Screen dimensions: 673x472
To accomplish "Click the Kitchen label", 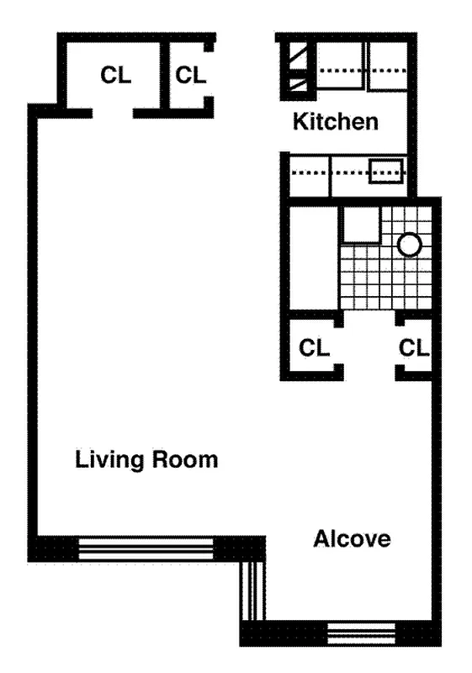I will pyautogui.click(x=335, y=122).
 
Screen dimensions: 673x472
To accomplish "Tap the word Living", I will pyautogui.click(x=109, y=460).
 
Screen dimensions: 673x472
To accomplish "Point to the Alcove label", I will pyautogui.click(x=352, y=539).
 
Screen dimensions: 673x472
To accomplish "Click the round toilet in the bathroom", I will pyautogui.click(x=409, y=245).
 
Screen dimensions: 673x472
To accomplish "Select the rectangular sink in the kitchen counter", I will pyautogui.click(x=388, y=172).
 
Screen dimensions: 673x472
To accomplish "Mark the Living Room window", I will pyautogui.click(x=146, y=548).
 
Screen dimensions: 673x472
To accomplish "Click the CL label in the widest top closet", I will pyautogui.click(x=115, y=76).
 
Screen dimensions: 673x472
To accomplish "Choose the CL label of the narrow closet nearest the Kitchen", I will pyautogui.click(x=191, y=75).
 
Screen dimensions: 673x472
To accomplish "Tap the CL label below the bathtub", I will pyautogui.click(x=314, y=347).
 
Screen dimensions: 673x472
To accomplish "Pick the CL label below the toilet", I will pyautogui.click(x=414, y=347).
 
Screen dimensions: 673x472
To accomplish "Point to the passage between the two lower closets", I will pyautogui.click(x=369, y=346).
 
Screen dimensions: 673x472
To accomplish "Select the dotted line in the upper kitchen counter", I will pyautogui.click(x=362, y=70).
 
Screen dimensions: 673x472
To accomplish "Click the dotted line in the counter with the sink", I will pyautogui.click(x=329, y=172).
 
